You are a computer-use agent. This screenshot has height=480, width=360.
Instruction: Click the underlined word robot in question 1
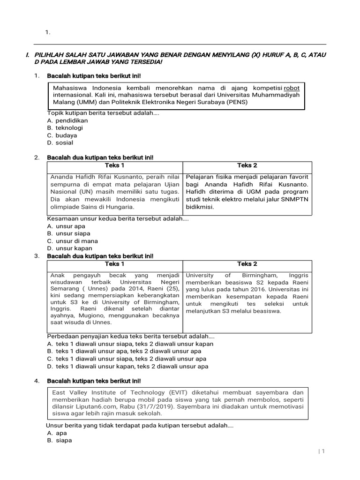pyautogui.click(x=292, y=88)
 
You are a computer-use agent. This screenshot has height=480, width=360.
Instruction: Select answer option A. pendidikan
pyautogui.click(x=67, y=120)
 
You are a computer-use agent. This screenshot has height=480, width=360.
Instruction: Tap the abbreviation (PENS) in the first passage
pyautogui.click(x=238, y=102)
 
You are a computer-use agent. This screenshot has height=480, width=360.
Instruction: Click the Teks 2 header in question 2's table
pyautogui.click(x=247, y=165)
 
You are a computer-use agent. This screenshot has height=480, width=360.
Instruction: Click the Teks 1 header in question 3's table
pyautogui.click(x=115, y=264)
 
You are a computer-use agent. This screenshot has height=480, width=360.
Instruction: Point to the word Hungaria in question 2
pyautogui.click(x=120, y=207)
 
